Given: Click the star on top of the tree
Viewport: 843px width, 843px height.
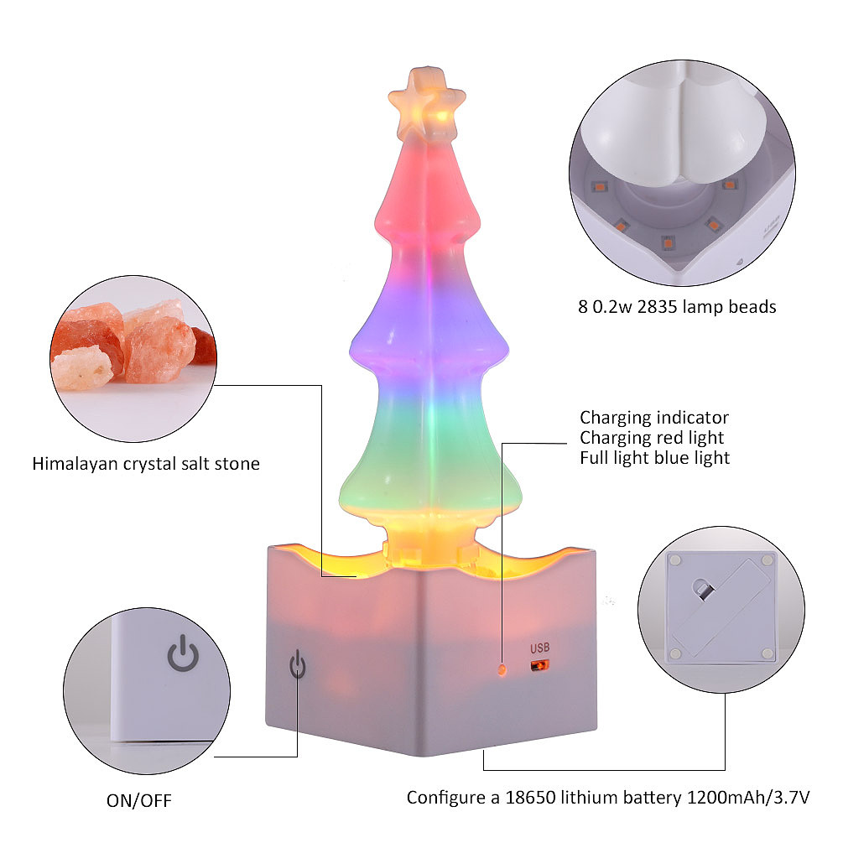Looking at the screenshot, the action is [x=427, y=103].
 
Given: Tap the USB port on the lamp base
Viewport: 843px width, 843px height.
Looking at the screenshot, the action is [x=539, y=665].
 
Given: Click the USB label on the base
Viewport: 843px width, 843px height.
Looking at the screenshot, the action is [x=540, y=648].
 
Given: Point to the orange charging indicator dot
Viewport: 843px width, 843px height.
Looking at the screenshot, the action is [x=502, y=669].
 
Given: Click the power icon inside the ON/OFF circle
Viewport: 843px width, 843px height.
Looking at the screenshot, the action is [x=184, y=653].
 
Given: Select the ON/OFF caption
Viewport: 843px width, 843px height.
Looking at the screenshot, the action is [x=139, y=800].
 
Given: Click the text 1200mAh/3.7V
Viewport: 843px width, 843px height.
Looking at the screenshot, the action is [x=748, y=798].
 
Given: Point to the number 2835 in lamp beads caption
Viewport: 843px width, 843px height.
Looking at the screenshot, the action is [x=657, y=307].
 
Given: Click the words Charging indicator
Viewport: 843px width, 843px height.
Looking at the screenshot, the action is [x=654, y=418].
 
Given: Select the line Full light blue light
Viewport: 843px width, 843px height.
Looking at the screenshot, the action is [x=655, y=458].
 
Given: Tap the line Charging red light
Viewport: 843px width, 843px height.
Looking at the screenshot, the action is [x=652, y=438].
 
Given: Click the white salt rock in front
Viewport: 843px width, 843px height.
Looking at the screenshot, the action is [x=82, y=368].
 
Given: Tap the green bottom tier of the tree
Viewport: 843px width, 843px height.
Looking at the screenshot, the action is [x=429, y=457].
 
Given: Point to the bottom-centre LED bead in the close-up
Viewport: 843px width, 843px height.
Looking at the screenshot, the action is [x=668, y=243].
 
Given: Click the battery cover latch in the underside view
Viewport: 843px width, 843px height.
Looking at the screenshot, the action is [x=703, y=589].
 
